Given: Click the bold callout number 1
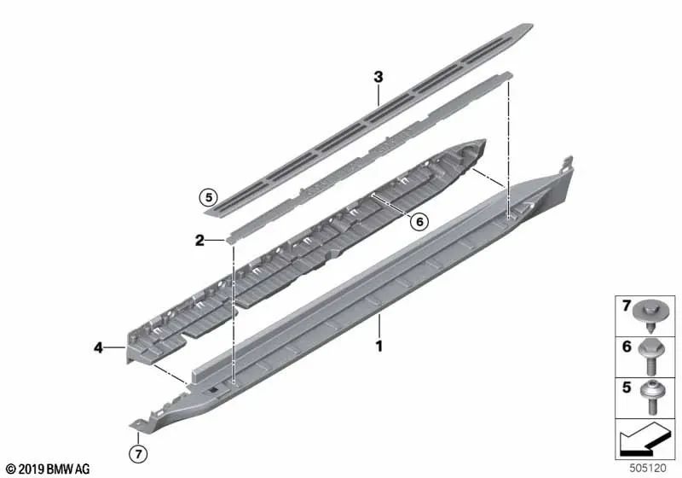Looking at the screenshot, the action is (379, 346).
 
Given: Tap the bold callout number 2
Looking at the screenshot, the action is (199, 240).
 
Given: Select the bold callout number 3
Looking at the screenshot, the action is (379, 77).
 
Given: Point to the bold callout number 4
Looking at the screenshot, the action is (98, 347).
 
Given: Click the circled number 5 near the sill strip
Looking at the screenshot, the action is (209, 198).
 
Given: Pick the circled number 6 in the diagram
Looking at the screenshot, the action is (419, 222).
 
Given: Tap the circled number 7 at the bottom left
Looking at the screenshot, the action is (138, 454).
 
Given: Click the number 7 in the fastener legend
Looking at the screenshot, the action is (626, 306).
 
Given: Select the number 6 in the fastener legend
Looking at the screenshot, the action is (627, 347).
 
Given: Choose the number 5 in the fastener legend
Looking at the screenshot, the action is (627, 387).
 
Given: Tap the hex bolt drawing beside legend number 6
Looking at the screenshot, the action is (651, 358).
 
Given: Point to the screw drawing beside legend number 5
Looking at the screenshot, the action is (651, 397).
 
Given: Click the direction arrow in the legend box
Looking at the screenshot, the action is (643, 440).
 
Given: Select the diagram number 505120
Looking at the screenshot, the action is (648, 468).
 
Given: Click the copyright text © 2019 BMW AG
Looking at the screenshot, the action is (49, 469).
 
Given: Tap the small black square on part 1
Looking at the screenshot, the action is (212, 391).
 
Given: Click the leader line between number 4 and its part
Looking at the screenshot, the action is (115, 347).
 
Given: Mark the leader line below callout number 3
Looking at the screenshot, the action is (379, 95).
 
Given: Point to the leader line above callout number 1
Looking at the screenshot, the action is (379, 327).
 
